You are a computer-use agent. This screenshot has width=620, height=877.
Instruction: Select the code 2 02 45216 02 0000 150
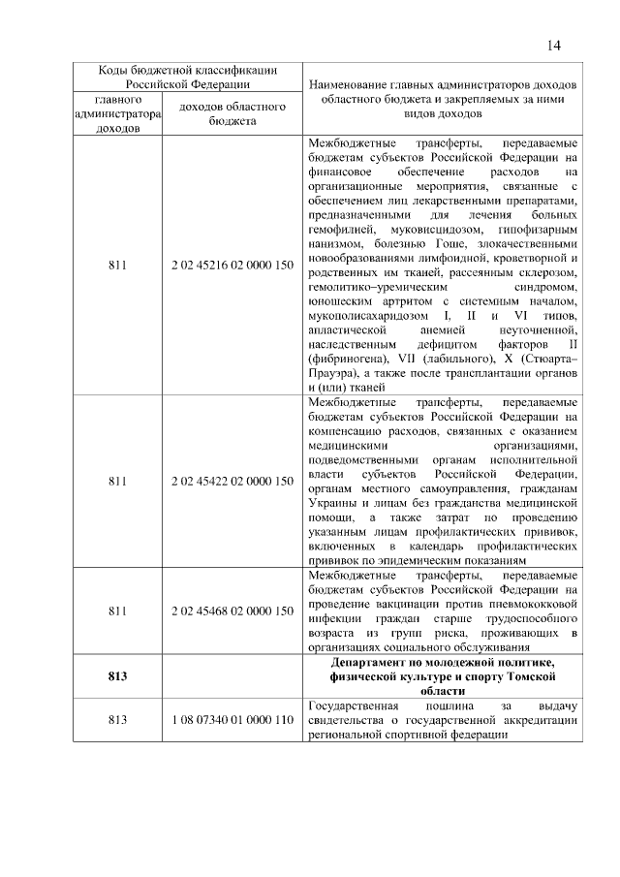click(x=232, y=262)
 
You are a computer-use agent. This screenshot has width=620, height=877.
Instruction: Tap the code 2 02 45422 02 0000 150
click(x=232, y=480)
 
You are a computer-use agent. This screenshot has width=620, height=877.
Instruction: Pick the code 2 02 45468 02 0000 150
click(x=232, y=611)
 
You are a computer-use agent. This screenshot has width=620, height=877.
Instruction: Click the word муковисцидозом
click(x=408, y=231)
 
